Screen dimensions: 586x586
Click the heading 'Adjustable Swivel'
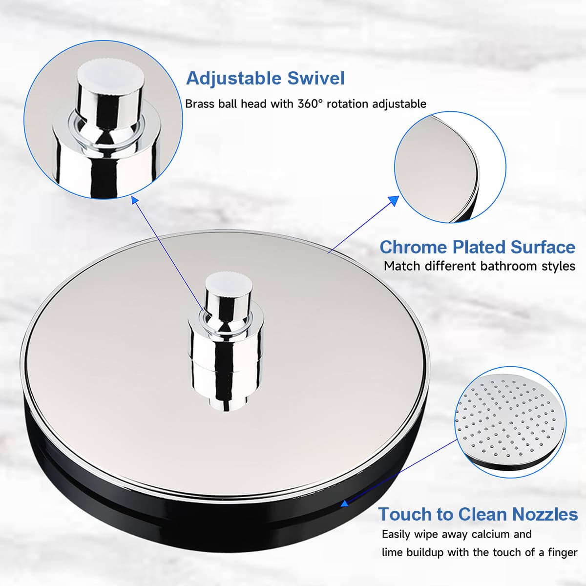[265, 79]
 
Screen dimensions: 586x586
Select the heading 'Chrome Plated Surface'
[478, 247]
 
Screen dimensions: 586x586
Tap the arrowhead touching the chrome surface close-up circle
[394, 201]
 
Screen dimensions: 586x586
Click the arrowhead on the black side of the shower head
[344, 503]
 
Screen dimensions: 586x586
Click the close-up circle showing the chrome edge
[450, 167]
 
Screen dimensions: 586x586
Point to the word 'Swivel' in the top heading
[316, 78]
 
